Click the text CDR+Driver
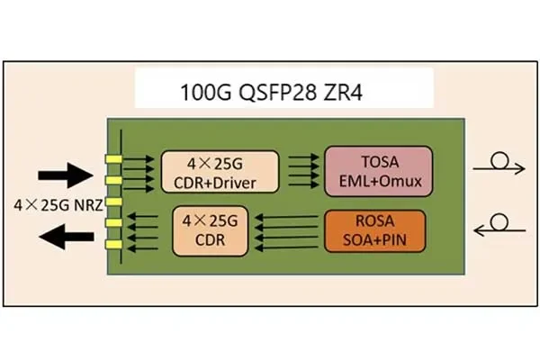pos(220,184)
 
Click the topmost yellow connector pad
pos(114,158)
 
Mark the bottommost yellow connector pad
pos(114,244)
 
